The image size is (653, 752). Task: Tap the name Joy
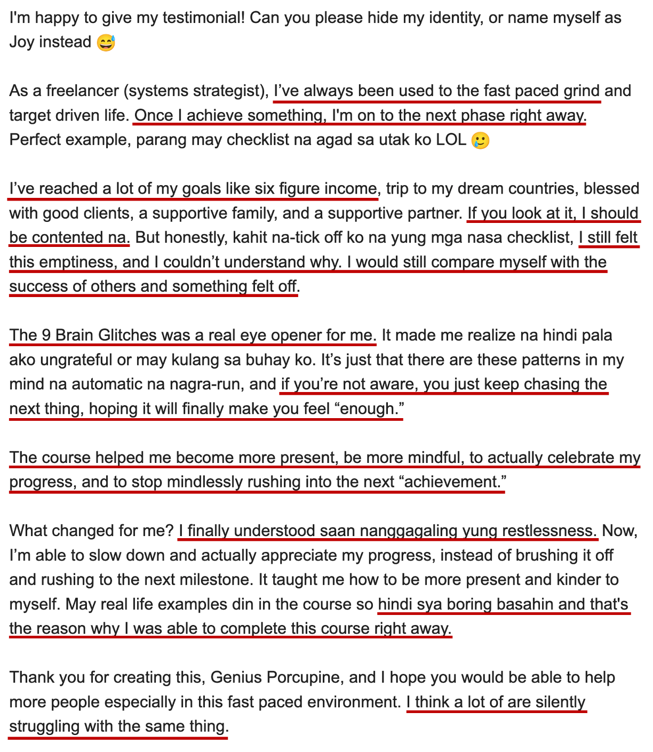coord(21,42)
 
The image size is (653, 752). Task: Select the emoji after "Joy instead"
coord(106,42)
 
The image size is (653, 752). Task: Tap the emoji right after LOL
coord(480,140)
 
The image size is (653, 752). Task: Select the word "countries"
coord(539,189)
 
